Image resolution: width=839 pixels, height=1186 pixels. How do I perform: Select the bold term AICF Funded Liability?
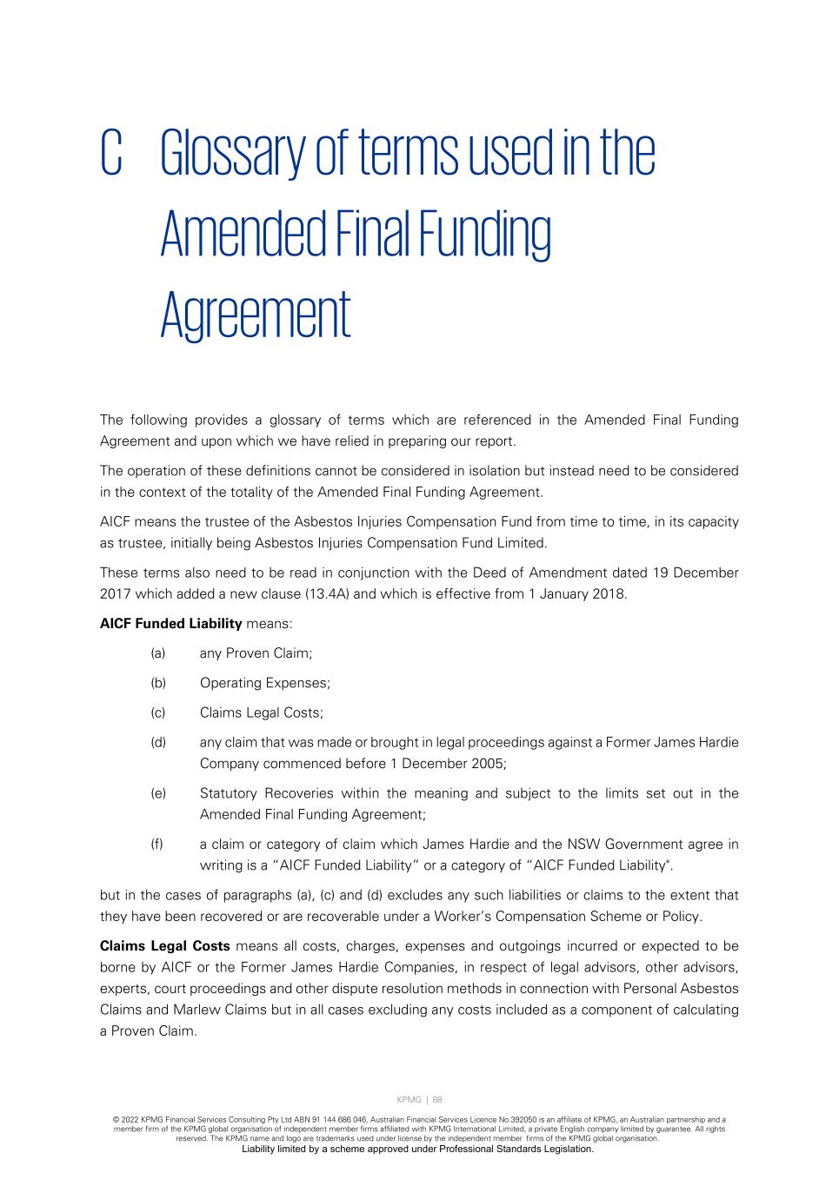point(171,623)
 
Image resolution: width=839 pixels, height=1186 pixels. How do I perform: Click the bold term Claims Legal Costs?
point(165,946)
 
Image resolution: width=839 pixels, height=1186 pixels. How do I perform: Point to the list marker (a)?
point(158,653)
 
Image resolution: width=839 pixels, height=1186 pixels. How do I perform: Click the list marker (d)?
point(158,743)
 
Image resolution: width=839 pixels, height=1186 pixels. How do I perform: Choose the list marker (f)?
point(157,845)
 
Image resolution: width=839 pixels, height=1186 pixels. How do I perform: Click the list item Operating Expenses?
point(265,683)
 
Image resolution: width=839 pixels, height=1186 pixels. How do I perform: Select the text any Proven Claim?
point(256,653)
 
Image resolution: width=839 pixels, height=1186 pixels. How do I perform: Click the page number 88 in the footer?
point(437,1099)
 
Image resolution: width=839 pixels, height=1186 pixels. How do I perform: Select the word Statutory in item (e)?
point(229,793)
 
